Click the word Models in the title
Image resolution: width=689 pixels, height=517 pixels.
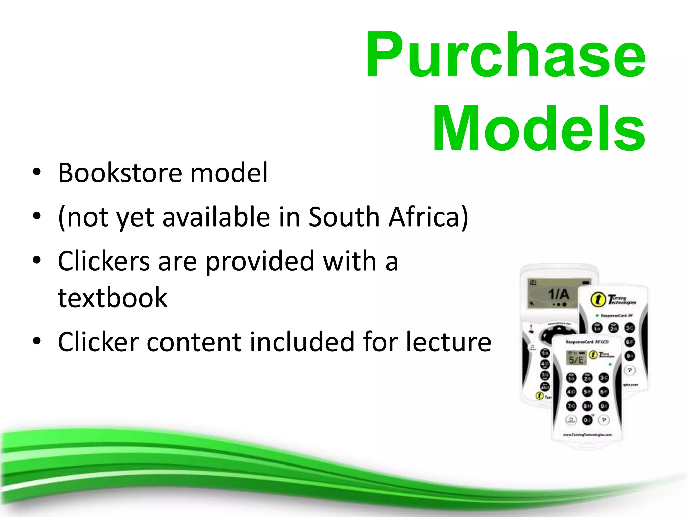[x=538, y=129]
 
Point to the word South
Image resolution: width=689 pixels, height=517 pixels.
[x=344, y=217]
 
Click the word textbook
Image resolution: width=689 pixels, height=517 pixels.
[x=112, y=298]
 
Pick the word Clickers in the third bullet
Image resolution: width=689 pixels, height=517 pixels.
[x=104, y=261]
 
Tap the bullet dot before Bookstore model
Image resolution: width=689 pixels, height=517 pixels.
[x=37, y=172]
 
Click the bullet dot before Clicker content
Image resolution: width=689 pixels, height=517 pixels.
[x=37, y=341]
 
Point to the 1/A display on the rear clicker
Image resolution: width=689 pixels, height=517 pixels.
[x=558, y=294]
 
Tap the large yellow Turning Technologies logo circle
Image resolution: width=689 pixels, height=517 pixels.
[x=598, y=299]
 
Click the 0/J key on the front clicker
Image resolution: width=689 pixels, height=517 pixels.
[x=587, y=420]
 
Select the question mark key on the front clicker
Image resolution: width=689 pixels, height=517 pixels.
[x=604, y=420]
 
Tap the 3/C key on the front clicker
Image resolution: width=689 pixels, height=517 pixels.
[x=604, y=378]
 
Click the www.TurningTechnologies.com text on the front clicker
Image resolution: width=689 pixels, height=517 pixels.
[x=587, y=435]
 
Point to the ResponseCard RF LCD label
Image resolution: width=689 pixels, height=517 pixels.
[x=587, y=342]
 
